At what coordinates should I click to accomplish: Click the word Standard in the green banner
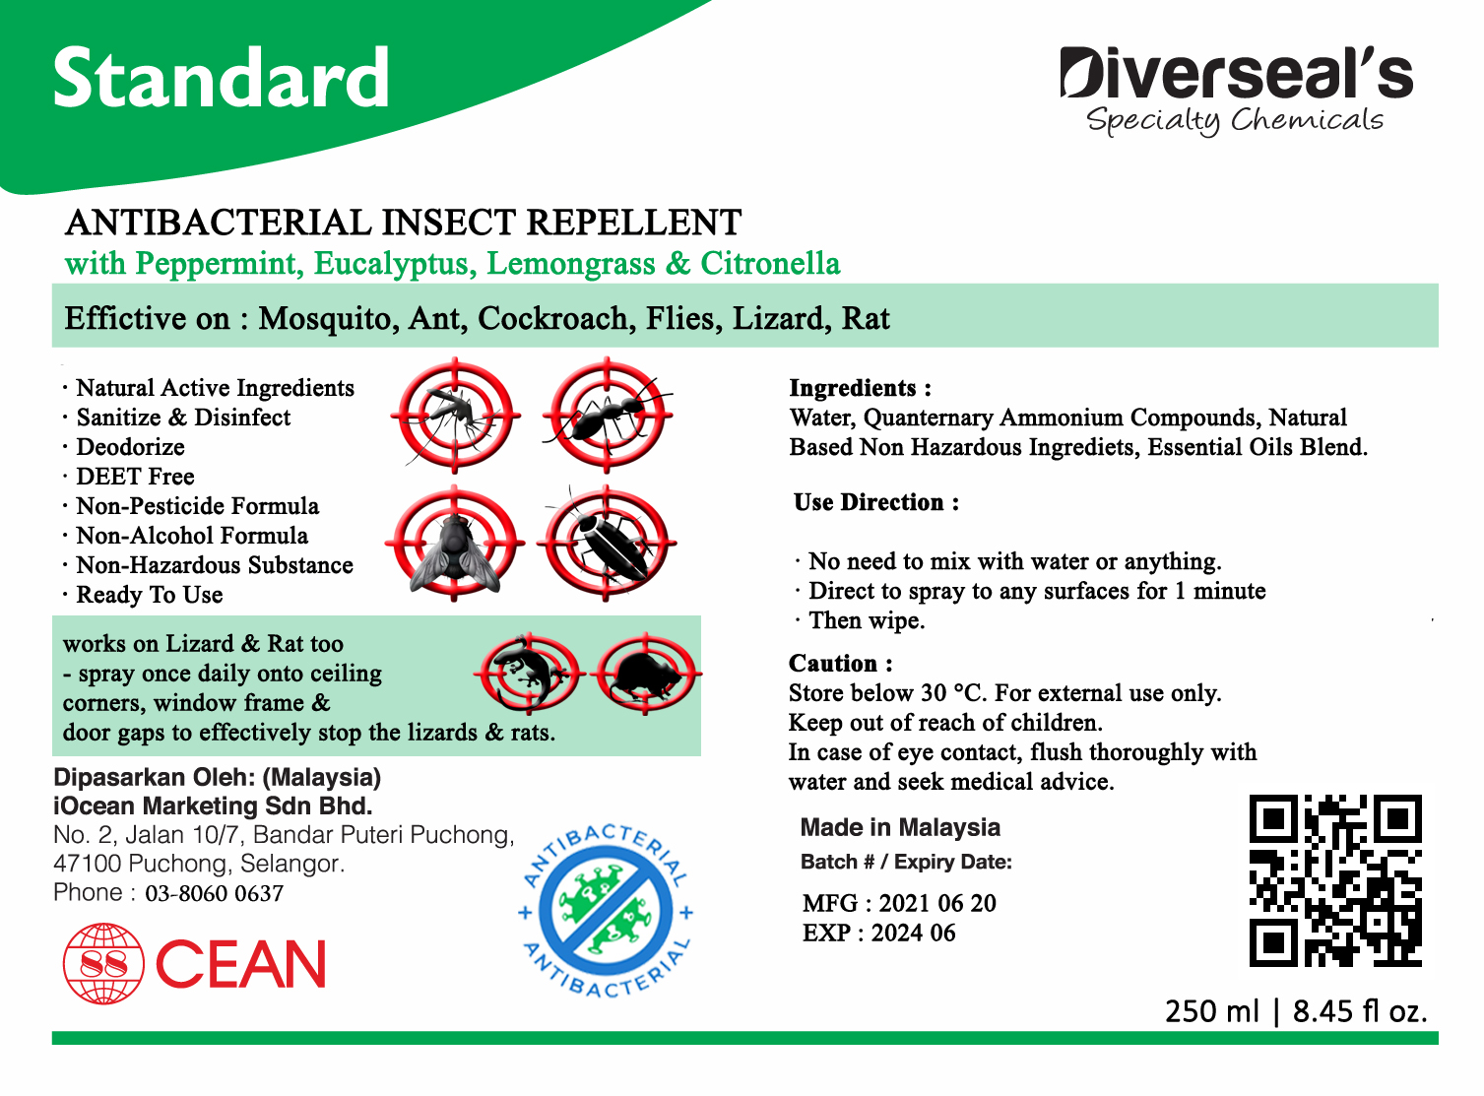pyautogui.click(x=221, y=78)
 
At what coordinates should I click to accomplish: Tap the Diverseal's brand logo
pyautogui.click(x=1237, y=91)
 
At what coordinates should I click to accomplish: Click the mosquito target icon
pyautogui.click(x=455, y=416)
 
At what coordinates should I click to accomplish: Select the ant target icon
pyautogui.click(x=607, y=416)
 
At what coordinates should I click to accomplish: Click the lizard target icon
pyautogui.click(x=529, y=673)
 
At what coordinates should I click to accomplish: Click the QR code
pyautogui.click(x=1335, y=880)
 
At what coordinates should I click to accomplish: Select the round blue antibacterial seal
pyautogui.click(x=607, y=911)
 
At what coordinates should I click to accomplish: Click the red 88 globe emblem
pyautogui.click(x=103, y=963)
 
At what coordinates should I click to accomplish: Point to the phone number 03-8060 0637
pyautogui.click(x=214, y=893)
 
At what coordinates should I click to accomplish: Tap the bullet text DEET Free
pyautogui.click(x=135, y=477)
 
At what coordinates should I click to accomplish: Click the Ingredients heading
pyautogui.click(x=860, y=388)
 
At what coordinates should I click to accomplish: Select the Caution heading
pyautogui.click(x=840, y=663)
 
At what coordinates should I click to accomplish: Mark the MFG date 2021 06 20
pyautogui.click(x=937, y=903)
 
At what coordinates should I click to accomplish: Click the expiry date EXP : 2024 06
pyautogui.click(x=879, y=933)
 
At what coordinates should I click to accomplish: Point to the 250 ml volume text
pyautogui.click(x=1211, y=1011)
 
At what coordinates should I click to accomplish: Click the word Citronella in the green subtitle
pyautogui.click(x=770, y=263)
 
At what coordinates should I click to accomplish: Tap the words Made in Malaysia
pyautogui.click(x=900, y=828)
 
